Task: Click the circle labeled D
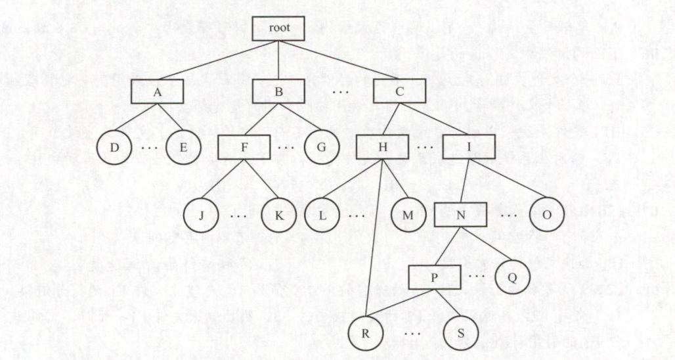115,146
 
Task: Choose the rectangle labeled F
245,146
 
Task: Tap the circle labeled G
322,146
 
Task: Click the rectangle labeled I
468,146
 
